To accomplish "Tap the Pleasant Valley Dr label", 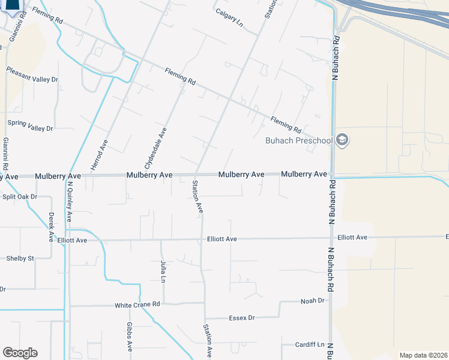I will (32, 79).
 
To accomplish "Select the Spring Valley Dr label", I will (30, 128).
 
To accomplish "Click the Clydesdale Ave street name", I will (153, 147).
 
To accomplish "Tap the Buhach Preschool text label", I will (299, 141).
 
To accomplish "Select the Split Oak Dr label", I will (20, 197).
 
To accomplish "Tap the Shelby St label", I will (20, 259).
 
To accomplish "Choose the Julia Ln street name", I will (163, 271).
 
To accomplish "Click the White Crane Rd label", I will (137, 305).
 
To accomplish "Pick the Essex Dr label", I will (242, 317).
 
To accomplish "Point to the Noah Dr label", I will (312, 301).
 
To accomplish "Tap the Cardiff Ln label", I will (309, 345).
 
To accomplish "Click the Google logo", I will (20, 353).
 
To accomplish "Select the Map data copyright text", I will (424, 355).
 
